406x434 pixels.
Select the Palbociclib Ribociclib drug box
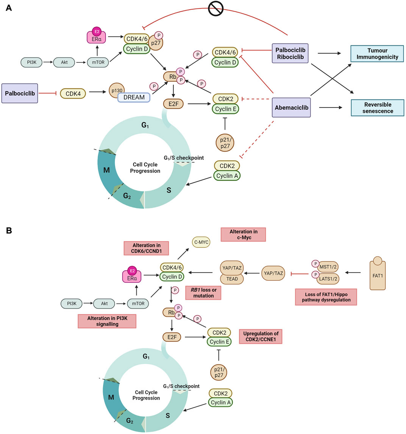click(x=290, y=53)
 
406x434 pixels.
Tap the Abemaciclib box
click(x=290, y=107)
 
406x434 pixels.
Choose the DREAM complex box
click(x=134, y=97)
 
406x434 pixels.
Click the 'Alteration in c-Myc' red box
click(x=243, y=234)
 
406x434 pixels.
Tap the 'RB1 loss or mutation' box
click(x=203, y=292)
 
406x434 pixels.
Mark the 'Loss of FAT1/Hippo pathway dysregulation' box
click(x=326, y=297)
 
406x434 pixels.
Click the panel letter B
click(x=9, y=230)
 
